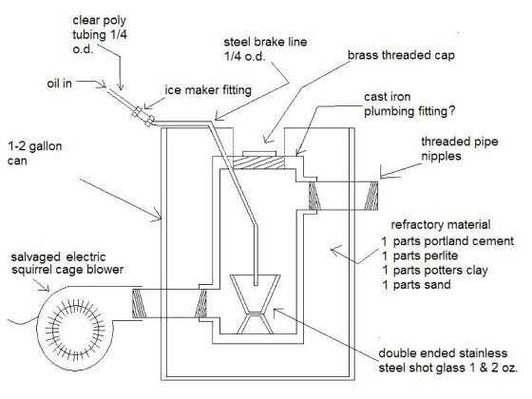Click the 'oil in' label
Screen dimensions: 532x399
click(59, 84)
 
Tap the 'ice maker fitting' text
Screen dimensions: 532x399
click(208, 90)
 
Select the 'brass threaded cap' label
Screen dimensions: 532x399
click(401, 55)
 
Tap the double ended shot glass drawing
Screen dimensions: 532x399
click(256, 303)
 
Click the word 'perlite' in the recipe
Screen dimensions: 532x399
click(442, 256)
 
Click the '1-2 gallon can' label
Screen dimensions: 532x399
click(34, 153)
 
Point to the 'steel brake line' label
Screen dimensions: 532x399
click(265, 49)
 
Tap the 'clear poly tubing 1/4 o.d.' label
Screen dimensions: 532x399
click(100, 34)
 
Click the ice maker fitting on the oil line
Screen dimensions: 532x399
click(142, 116)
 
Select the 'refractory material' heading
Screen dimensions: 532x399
click(441, 224)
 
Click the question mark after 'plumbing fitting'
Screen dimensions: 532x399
click(451, 111)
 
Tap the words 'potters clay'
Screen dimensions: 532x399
click(456, 271)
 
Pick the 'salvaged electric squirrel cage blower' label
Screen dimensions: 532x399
click(67, 263)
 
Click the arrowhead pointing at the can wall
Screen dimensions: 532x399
click(157, 215)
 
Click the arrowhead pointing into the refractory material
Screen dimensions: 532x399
click(334, 251)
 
